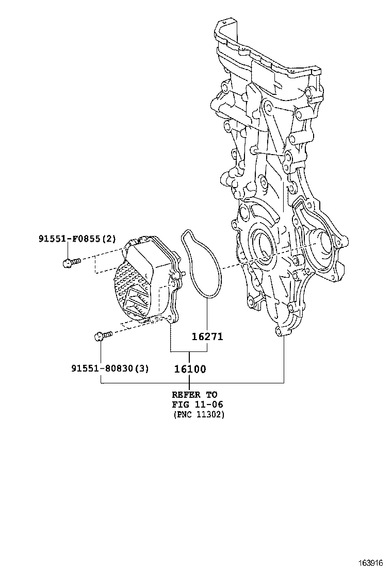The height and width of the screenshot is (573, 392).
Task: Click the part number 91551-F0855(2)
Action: (x=77, y=239)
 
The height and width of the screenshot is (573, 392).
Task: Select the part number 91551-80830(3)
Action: (x=110, y=368)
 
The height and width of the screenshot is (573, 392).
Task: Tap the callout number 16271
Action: (x=207, y=336)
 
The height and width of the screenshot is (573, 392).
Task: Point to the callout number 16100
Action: (x=189, y=369)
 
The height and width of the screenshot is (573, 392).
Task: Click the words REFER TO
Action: (x=194, y=395)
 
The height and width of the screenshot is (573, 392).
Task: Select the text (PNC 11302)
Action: (x=199, y=414)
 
